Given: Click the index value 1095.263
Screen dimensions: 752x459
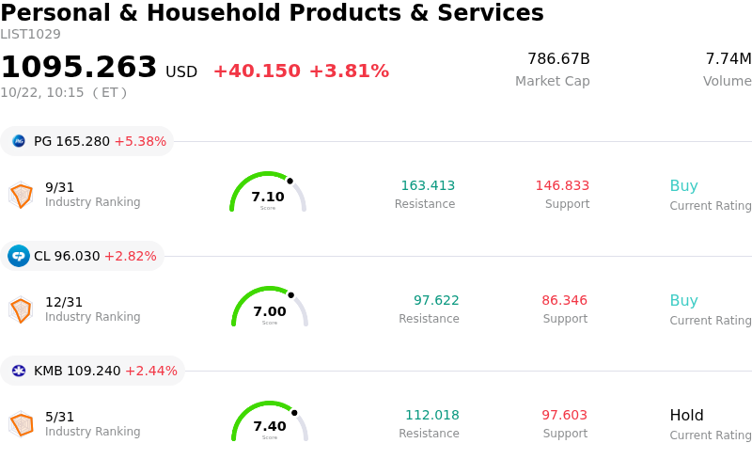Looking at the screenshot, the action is pos(79,67).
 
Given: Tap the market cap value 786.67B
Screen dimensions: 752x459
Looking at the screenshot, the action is pos(558,58).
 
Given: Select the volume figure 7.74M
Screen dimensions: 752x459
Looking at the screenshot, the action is pos(728,58).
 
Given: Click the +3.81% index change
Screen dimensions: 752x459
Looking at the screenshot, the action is pos(349,71).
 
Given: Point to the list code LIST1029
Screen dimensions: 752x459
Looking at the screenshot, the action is pos(30,35).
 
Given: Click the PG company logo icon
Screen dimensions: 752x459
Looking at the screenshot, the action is pos(19,141).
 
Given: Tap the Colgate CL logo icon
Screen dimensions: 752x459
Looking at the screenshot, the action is pos(19,256).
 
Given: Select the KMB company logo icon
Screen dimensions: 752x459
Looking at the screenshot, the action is pos(19,371).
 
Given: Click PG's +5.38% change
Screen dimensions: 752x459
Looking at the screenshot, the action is pos(140,141).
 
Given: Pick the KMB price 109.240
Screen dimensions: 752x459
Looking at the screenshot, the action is pos(93,371).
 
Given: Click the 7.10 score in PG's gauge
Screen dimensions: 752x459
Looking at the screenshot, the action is pos(268,197).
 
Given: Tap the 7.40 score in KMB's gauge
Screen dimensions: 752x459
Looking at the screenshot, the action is pos(270,426).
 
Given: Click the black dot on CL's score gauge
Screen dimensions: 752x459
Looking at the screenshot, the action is pos(291,295).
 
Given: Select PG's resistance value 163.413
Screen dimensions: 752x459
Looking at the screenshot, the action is pos(428,185).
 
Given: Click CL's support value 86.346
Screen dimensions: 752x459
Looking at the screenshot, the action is pos(565,300).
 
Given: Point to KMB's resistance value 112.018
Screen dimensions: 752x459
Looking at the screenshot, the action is pos(432,415).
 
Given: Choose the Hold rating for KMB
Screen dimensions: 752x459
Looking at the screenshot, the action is pos(686,415).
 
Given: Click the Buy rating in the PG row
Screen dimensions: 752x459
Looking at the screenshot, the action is pos(684,186).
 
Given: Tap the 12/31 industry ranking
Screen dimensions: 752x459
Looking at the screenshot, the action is pos(64,302).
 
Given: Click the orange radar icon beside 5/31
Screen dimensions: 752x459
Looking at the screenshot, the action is pos(21,424).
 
